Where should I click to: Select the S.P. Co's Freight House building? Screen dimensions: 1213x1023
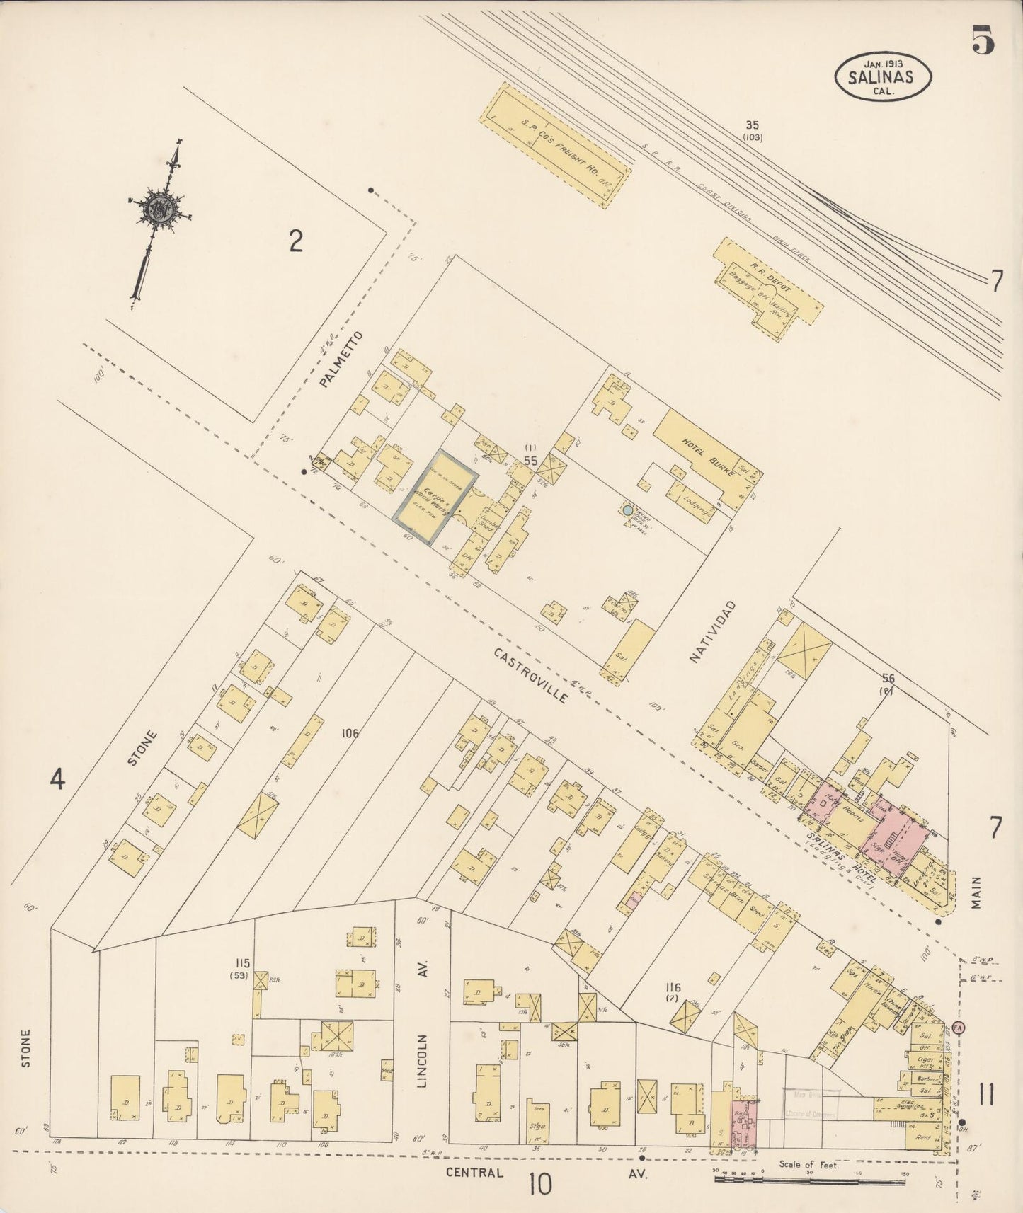pos(555,146)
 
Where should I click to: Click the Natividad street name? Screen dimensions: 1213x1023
pos(713,631)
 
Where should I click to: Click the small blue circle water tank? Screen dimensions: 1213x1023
pos(627,510)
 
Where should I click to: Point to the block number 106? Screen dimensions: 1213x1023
pos(350,733)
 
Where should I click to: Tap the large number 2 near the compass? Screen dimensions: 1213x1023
pos(296,242)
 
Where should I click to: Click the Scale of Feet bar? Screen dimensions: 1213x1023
pos(811,1179)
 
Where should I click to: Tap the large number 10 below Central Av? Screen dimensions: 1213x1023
pos(539,1183)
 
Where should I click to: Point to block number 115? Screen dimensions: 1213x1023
pos(243,963)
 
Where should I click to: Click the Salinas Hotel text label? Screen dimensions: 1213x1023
pos(842,856)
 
